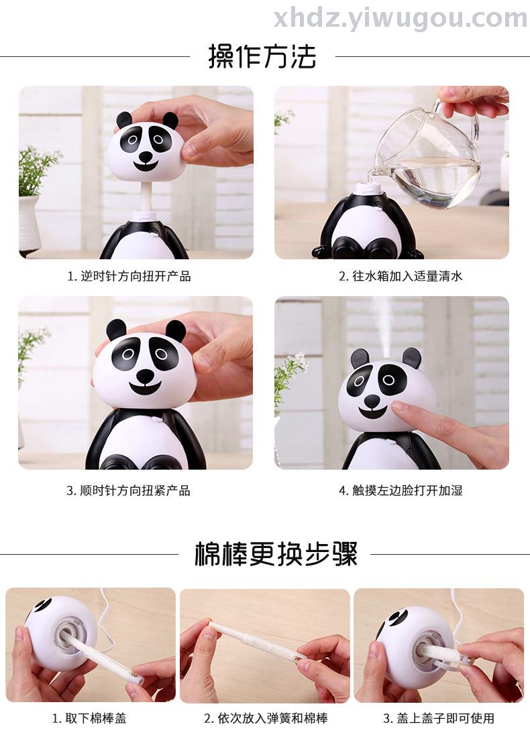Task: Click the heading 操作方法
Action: tap(262, 57)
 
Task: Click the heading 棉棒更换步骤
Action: tap(276, 554)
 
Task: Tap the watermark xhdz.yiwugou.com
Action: tap(400, 18)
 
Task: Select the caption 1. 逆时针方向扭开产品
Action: tap(129, 276)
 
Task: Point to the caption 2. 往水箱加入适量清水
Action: tap(401, 276)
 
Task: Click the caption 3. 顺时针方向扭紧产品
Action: tap(128, 490)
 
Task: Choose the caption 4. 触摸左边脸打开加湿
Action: tap(401, 490)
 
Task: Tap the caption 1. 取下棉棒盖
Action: tap(89, 718)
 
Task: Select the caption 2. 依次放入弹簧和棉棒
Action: tap(266, 718)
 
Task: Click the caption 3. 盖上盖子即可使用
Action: tap(439, 718)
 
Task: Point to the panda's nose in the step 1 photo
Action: tap(146, 156)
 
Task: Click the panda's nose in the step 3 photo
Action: tap(145, 376)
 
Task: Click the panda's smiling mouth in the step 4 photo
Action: tap(372, 413)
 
